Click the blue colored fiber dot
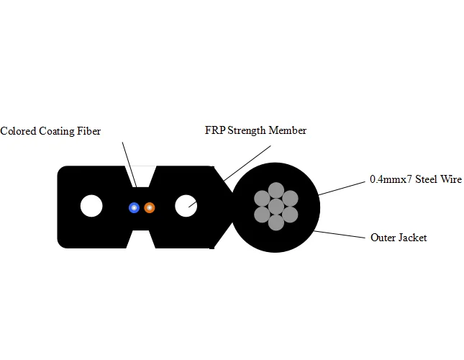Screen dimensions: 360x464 tap(134, 207)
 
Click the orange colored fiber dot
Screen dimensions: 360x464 tap(149, 207)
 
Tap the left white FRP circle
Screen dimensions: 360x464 tap(91, 207)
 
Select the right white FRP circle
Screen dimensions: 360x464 tap(186, 206)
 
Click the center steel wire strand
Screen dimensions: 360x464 tap(276, 207)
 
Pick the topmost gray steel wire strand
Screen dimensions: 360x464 tap(276, 191)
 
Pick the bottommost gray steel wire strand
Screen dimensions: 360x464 tap(276, 222)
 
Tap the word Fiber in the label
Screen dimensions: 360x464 tap(88, 131)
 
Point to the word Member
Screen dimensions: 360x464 tap(289, 130)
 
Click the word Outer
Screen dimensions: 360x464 tap(383, 237)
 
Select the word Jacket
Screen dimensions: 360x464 tap(412, 237)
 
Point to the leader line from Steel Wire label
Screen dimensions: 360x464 tap(342, 187)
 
